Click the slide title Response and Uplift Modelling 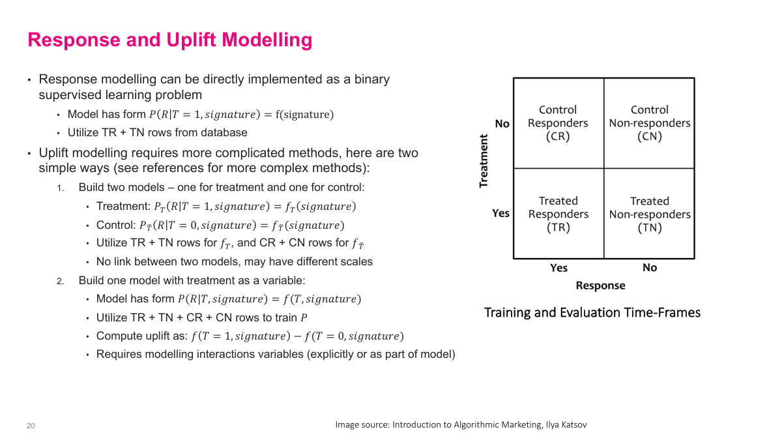point(169,40)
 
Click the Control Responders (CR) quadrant point(558,123)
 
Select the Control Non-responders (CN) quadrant point(649,123)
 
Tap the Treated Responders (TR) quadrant point(558,214)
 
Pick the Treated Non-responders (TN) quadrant point(649,214)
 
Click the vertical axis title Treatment point(484,161)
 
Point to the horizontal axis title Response point(600,286)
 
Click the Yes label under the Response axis point(558,268)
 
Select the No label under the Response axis point(649,268)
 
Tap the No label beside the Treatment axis point(502,124)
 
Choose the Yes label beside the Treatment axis point(500,213)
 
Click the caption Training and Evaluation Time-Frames point(592,313)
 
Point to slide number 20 point(31,426)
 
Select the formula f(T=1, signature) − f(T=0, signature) point(297,336)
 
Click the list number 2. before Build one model point(59,281)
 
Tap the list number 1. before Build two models point(59,188)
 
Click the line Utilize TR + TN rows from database point(157,132)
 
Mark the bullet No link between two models point(234,261)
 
